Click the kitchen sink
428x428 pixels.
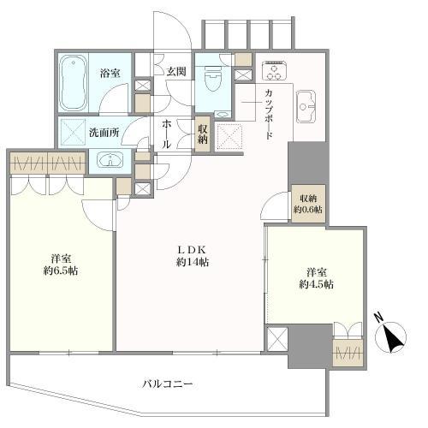[x=306, y=107]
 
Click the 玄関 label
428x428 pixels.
[x=176, y=71]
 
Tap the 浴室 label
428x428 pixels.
[x=110, y=74]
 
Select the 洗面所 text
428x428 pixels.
[x=104, y=133]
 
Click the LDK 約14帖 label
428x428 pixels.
[x=192, y=256]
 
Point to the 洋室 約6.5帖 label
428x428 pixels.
[x=61, y=265]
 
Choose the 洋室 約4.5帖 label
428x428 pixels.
[x=317, y=278]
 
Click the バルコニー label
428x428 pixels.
[x=168, y=384]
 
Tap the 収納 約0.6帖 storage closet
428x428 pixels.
[x=308, y=204]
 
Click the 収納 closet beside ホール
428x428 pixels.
[x=203, y=134]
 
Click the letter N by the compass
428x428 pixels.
[x=378, y=318]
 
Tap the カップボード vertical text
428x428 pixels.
[x=268, y=114]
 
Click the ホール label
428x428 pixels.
[x=166, y=134]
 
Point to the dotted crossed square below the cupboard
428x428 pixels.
[x=230, y=137]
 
